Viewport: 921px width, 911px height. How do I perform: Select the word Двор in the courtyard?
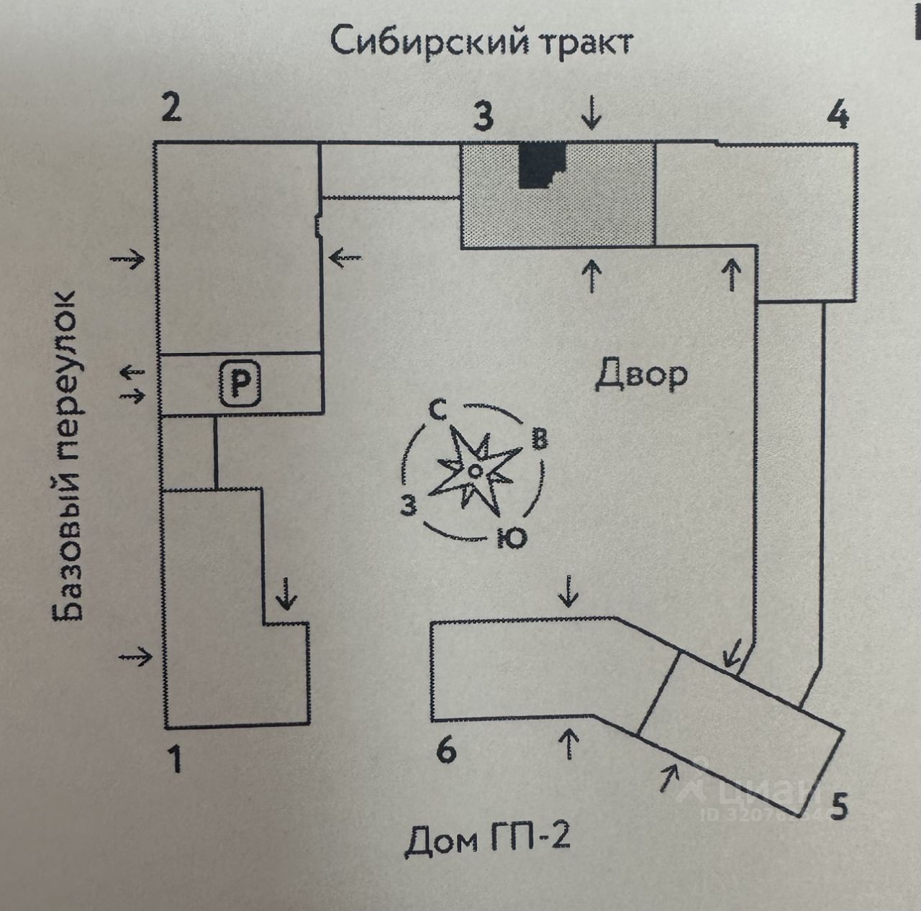point(641,375)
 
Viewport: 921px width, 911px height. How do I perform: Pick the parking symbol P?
point(240,383)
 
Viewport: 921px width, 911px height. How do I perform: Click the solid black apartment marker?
point(543,166)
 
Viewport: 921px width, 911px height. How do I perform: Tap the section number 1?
point(176,759)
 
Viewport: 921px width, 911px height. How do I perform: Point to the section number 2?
point(171,108)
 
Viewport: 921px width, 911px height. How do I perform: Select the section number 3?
point(484,117)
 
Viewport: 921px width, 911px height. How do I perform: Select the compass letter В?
point(540,439)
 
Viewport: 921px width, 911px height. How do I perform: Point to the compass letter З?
point(409,505)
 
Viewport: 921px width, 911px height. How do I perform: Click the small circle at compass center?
point(474,471)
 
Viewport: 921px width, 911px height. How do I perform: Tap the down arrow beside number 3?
point(592,113)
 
